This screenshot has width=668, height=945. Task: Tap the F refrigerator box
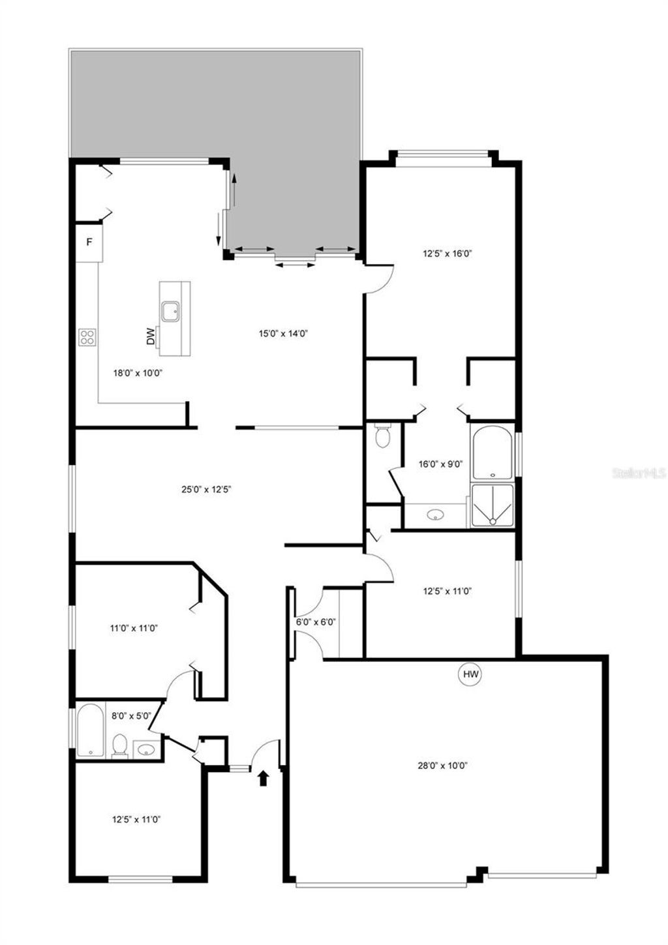[x=90, y=243]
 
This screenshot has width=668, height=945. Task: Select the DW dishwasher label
[x=151, y=336]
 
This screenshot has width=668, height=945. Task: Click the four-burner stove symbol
[x=87, y=337]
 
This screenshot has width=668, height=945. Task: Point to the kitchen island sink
[x=172, y=311]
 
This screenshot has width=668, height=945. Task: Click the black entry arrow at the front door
[x=263, y=777]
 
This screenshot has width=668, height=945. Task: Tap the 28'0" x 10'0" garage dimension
[x=444, y=766]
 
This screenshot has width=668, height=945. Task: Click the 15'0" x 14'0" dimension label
[x=283, y=333]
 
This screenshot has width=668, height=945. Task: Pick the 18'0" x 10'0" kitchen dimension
[x=137, y=373]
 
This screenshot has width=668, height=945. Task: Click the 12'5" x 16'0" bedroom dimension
[x=447, y=254]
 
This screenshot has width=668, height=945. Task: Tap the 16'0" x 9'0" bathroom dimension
[x=440, y=464]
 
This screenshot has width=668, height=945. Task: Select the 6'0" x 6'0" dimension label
[x=316, y=622]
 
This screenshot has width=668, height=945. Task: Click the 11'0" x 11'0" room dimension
[x=134, y=629]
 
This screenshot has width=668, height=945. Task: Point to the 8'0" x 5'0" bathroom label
[x=131, y=715]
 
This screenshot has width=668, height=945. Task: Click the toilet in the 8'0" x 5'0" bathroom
[x=119, y=746]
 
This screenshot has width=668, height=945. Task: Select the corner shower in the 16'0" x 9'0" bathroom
[x=493, y=505]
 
